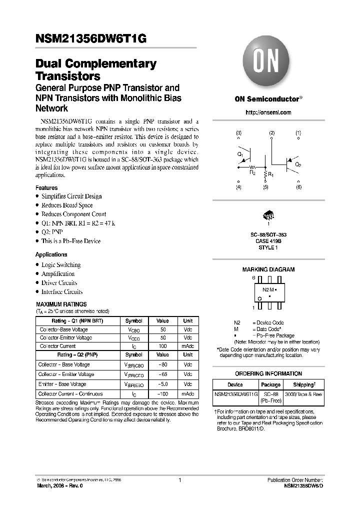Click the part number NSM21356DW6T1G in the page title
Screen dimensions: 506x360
90,42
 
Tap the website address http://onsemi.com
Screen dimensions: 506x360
268,112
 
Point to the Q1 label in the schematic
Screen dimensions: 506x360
240,154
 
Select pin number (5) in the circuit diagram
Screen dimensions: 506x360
265,187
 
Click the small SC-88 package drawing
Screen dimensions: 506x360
268,216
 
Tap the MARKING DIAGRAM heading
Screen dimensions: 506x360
268,269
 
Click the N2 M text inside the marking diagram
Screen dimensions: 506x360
268,289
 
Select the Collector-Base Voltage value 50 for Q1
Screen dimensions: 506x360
163,330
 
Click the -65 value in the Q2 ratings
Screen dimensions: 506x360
163,374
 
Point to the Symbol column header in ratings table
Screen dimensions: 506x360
133,321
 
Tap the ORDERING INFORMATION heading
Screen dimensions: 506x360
268,373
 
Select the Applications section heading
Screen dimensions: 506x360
51,254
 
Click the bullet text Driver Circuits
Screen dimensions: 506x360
59,283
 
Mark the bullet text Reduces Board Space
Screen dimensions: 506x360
67,205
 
